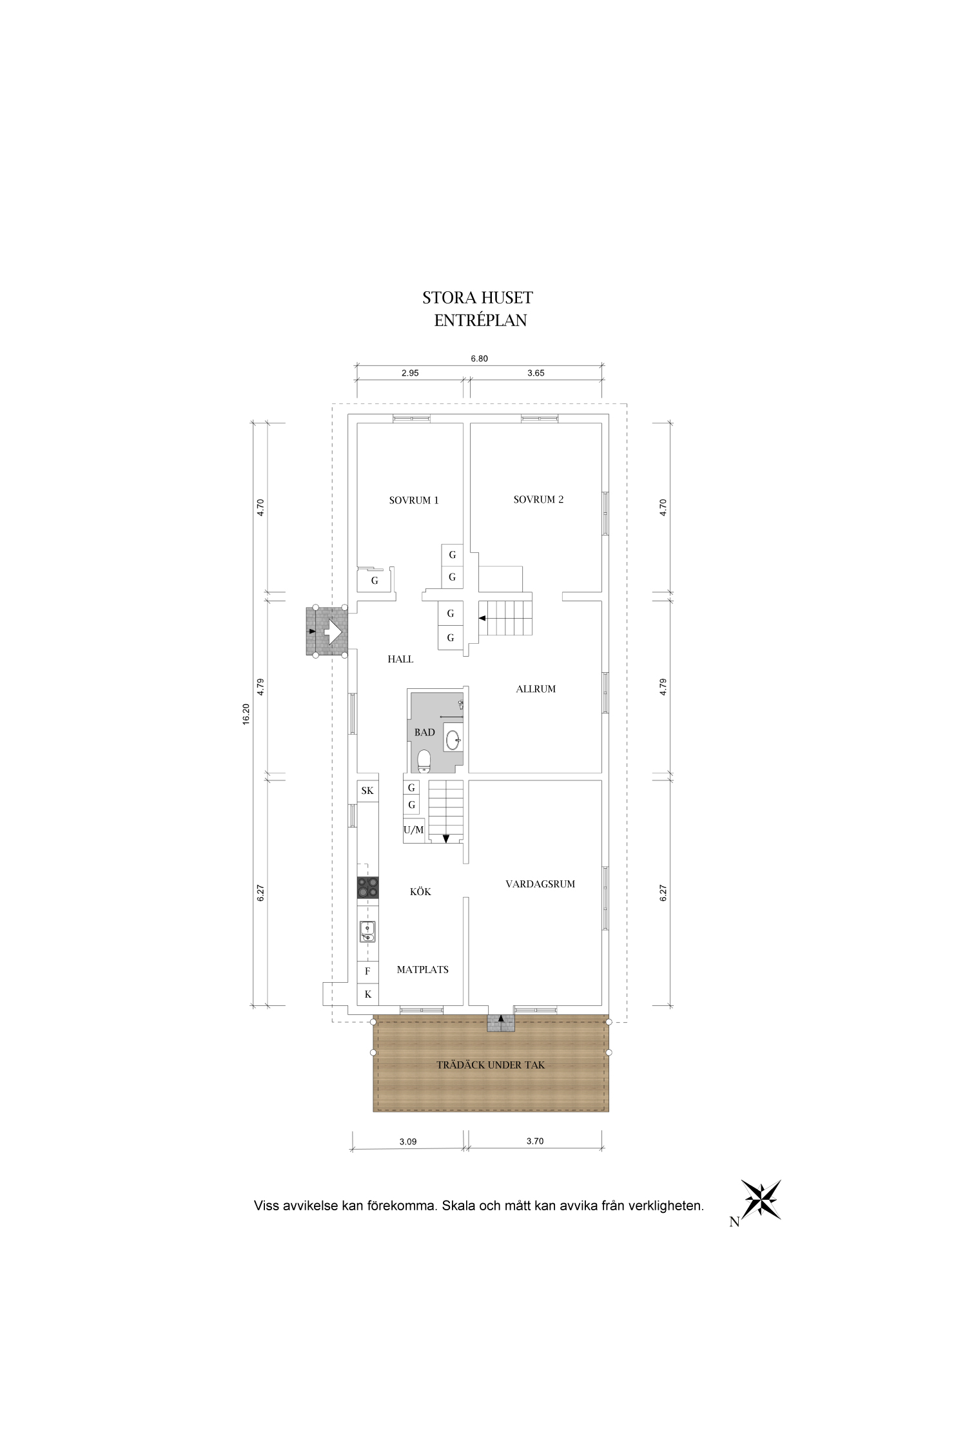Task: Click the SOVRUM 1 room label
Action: [414, 500]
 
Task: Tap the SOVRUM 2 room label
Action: [538, 499]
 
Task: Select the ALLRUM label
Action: [536, 689]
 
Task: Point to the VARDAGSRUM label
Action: [540, 884]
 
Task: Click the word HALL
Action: [400, 659]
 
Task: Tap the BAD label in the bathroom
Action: [425, 732]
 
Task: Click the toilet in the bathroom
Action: [424, 761]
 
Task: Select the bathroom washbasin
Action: [453, 737]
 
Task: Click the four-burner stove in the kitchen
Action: [368, 887]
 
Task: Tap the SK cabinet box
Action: [367, 791]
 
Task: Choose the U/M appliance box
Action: [414, 830]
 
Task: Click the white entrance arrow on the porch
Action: [333, 632]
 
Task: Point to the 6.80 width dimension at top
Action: [479, 359]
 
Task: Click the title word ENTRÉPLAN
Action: [480, 321]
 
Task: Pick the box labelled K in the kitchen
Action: [368, 994]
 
